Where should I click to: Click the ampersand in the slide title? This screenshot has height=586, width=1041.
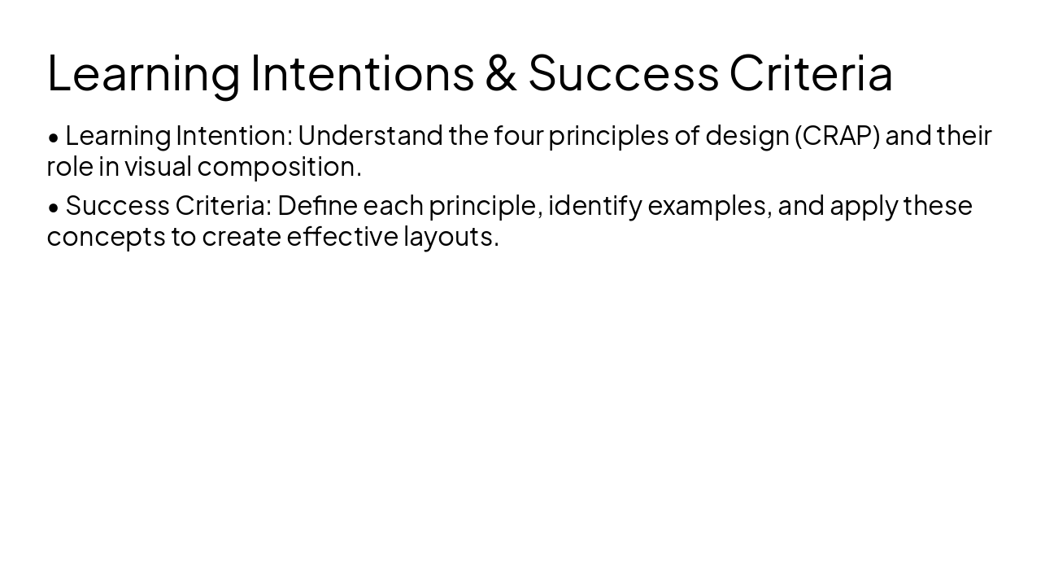tap(501, 72)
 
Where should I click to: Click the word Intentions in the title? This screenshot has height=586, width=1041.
tap(362, 72)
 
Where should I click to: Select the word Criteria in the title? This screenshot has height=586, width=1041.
tap(811, 72)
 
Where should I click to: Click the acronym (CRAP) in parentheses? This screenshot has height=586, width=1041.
tap(837, 135)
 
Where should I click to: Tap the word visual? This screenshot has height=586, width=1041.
tap(158, 166)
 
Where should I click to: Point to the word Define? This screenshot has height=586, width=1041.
tap(317, 205)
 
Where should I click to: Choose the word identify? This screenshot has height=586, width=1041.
tap(595, 206)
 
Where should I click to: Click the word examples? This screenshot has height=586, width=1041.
tap(709, 206)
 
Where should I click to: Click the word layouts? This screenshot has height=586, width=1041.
tap(451, 237)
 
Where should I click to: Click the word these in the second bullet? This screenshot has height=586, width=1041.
tap(938, 205)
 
